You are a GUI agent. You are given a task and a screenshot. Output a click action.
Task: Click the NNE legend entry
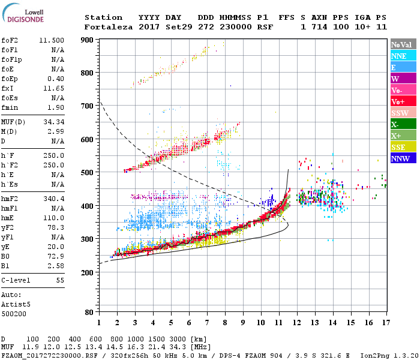tap(399, 56)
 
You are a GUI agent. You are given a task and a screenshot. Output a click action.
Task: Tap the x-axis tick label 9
tap(243, 323)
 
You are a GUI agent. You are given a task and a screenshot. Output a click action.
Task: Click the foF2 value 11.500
tap(52, 40)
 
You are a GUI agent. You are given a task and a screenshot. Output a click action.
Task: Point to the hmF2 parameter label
tap(11, 198)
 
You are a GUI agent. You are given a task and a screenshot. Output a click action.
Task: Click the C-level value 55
tap(60, 280)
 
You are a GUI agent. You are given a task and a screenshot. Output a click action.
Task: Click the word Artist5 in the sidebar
tap(15, 304)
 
